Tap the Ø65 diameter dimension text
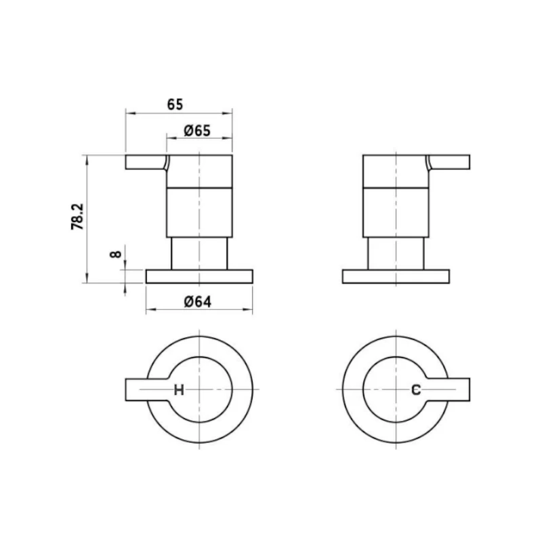tap(196, 131)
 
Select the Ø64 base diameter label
tap(197, 302)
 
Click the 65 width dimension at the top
tap(175, 104)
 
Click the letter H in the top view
tap(179, 390)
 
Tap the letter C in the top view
tap(417, 390)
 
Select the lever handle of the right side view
tap(450, 163)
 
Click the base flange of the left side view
tap(199, 276)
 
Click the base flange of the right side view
tap(396, 276)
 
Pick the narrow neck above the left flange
tap(199, 253)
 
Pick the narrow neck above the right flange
tap(396, 253)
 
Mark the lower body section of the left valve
tap(199, 211)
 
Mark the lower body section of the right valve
tap(396, 211)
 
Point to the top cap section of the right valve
tap(396, 170)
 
